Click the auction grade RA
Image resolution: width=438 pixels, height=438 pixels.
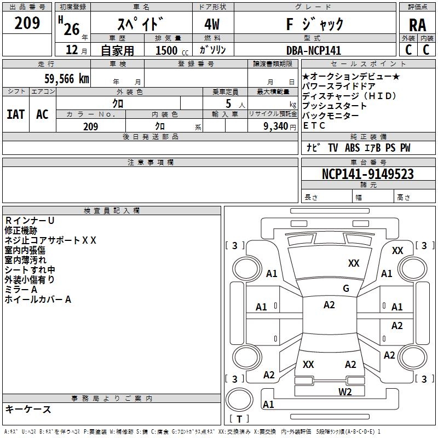point(417,25)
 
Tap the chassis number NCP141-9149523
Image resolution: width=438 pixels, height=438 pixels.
point(368,174)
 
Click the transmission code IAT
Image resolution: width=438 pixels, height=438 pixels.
point(15,114)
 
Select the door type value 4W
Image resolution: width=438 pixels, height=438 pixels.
point(213,25)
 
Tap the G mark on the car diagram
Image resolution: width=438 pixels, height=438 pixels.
point(345,288)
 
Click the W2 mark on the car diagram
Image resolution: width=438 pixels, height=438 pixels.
point(344,391)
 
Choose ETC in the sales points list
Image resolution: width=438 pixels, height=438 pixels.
point(314,125)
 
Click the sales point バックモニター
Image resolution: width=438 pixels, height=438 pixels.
point(331,116)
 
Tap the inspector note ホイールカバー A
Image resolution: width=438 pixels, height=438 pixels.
point(38,299)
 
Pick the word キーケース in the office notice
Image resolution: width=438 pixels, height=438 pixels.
point(28,409)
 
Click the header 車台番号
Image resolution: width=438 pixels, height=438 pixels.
point(368,163)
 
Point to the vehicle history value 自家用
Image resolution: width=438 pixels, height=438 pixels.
point(117,50)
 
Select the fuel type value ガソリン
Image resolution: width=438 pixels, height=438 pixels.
point(213,50)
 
